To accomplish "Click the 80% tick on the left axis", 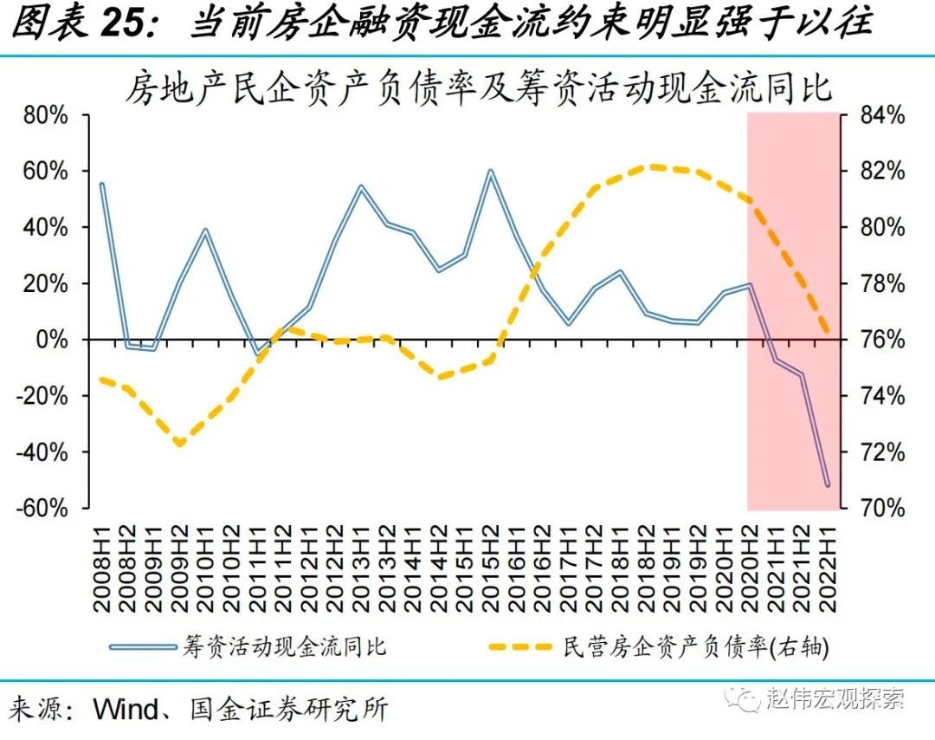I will (x=42, y=115).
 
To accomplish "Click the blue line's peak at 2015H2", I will (x=491, y=172).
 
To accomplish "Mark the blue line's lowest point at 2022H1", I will (x=828, y=485).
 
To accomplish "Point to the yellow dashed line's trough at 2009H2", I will (x=180, y=444).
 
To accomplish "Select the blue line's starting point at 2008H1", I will (x=102, y=184).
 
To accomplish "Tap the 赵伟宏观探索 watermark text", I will (x=835, y=698).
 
